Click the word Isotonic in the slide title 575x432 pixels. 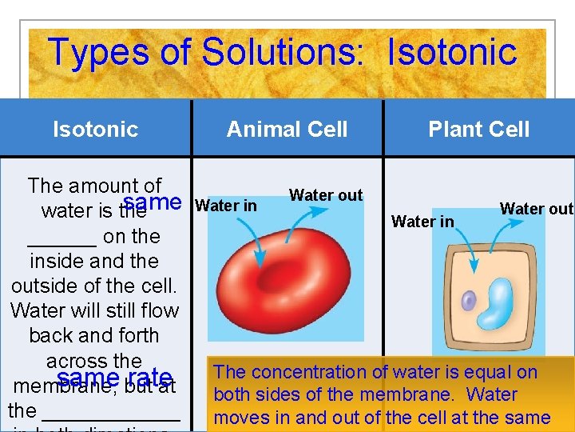pyautogui.click(x=452, y=53)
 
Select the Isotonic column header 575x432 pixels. pyautogui.click(x=95, y=129)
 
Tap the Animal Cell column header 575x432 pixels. pyautogui.click(x=287, y=129)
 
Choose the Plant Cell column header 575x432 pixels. pyautogui.click(x=478, y=129)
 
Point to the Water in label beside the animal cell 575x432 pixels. pyautogui.click(x=226, y=206)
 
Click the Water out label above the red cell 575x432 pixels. pyautogui.click(x=326, y=195)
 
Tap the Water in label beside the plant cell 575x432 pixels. pyautogui.click(x=422, y=222)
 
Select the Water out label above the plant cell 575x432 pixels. pyautogui.click(x=536, y=209)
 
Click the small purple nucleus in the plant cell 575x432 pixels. pyautogui.click(x=469, y=301)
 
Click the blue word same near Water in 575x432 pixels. pyautogui.click(x=153, y=202)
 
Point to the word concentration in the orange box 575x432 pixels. pyautogui.click(x=301, y=372)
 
